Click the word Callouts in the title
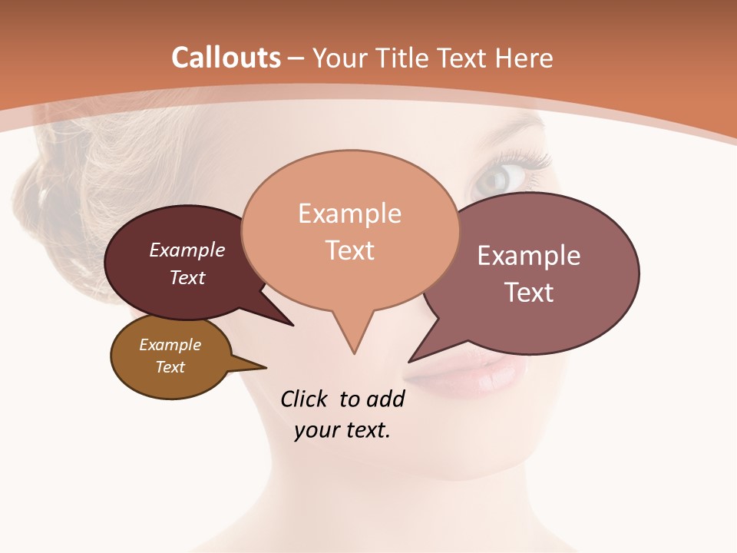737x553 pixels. (226, 58)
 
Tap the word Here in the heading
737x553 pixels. (524, 58)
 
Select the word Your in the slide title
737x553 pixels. (341, 58)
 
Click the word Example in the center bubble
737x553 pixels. (349, 214)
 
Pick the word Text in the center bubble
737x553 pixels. (350, 250)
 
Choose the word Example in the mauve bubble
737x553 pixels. (529, 256)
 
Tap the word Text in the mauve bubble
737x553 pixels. (530, 292)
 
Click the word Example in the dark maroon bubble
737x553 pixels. (187, 250)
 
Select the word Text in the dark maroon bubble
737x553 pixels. (187, 277)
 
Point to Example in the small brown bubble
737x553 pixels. (170, 345)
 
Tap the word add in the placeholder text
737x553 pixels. (385, 399)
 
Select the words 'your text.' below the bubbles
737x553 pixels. (342, 430)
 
